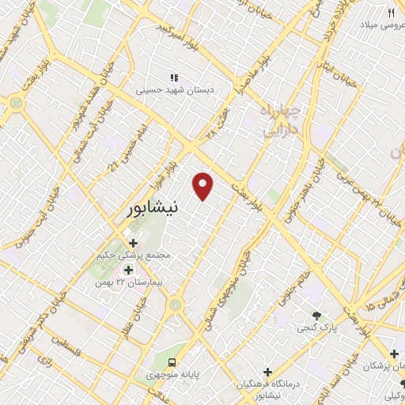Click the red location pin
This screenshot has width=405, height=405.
(204, 185)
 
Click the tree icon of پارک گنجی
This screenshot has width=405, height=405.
(316, 314)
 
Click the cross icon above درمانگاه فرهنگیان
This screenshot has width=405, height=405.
(267, 371)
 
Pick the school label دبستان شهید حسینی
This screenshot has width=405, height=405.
(164, 90)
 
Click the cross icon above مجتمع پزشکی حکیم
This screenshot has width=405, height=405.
(133, 243)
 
